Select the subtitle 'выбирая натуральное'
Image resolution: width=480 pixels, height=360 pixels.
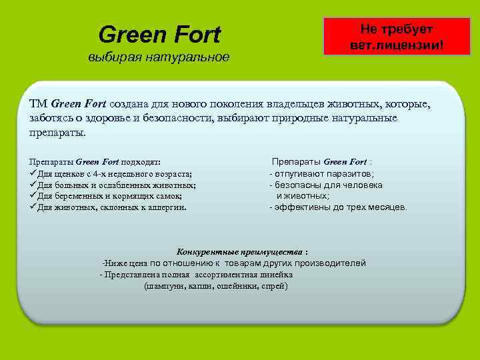coord(159,57)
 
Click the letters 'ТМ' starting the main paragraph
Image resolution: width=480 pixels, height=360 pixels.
coord(39,105)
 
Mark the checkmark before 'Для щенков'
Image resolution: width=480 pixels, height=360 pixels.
coord(34,173)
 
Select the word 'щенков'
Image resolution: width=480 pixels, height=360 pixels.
coord(69,173)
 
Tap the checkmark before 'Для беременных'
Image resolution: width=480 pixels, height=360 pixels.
coord(34,196)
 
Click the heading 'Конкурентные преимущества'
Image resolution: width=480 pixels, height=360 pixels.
coord(239,252)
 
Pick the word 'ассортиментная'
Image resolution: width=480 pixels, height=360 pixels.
coord(225,275)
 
